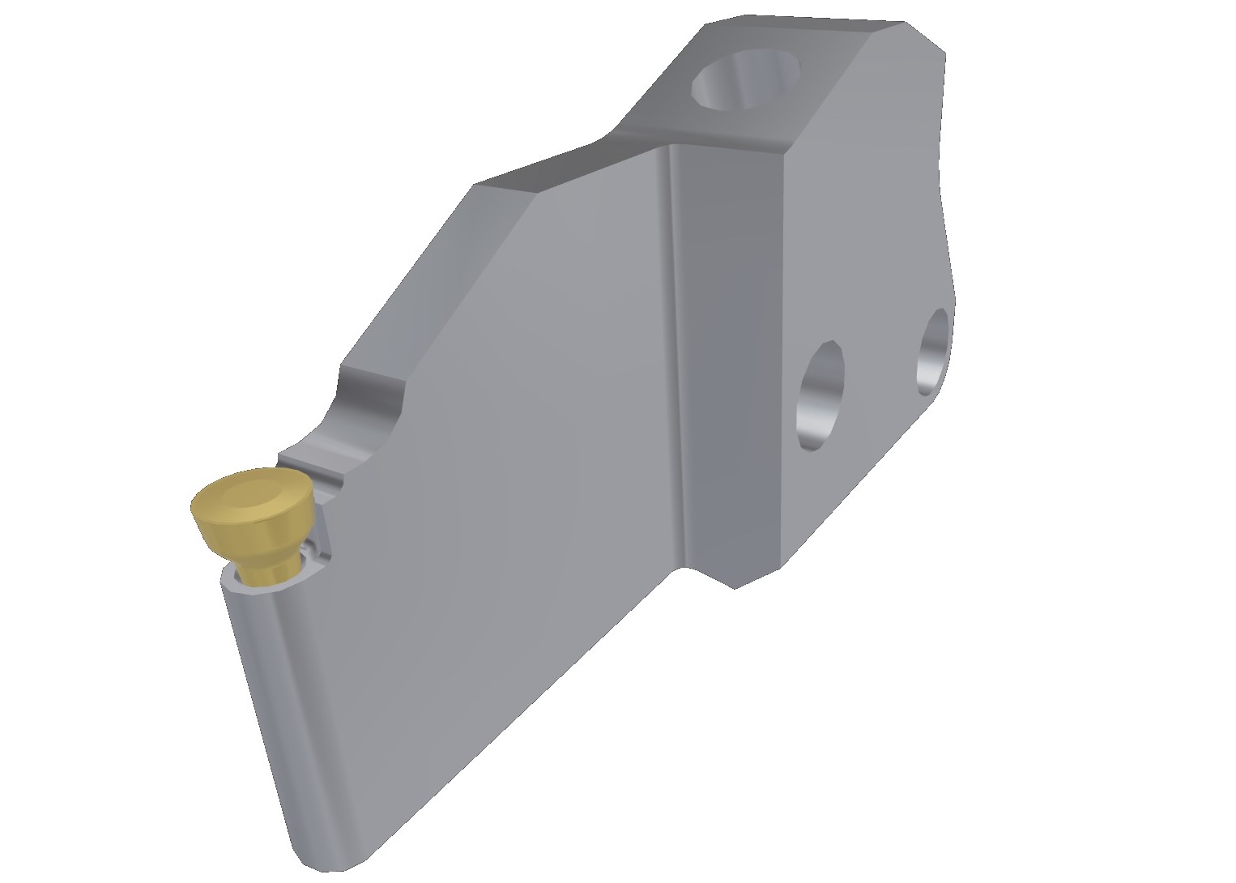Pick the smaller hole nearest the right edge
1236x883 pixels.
point(933,351)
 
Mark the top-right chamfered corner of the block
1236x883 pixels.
point(923,36)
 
